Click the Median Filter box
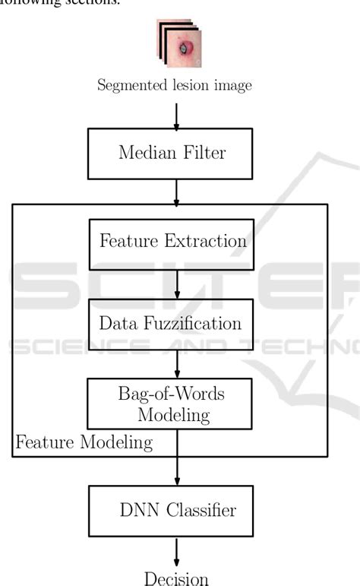coord(176,153)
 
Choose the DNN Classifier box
coord(176,511)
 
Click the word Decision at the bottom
coord(176,579)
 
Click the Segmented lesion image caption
coord(175,85)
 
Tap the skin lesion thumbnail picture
coord(180,46)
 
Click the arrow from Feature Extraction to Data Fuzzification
coord(176,283)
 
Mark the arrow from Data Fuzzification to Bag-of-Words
coord(176,364)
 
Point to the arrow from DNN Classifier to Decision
coord(176,551)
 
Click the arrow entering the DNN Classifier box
coord(176,471)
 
